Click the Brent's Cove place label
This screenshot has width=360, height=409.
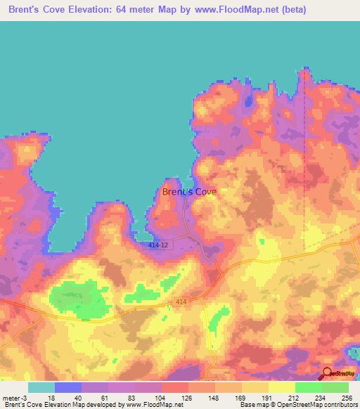189,191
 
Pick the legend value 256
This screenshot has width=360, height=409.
347,398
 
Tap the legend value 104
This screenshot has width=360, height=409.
160,398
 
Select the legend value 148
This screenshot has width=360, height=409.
214,398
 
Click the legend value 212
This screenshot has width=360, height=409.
295,398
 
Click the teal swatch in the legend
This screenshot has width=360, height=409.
41,387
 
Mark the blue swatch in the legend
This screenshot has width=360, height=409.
67,387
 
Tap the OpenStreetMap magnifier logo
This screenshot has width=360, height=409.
327,374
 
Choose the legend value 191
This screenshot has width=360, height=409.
268,398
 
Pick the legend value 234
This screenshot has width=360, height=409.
321,398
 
